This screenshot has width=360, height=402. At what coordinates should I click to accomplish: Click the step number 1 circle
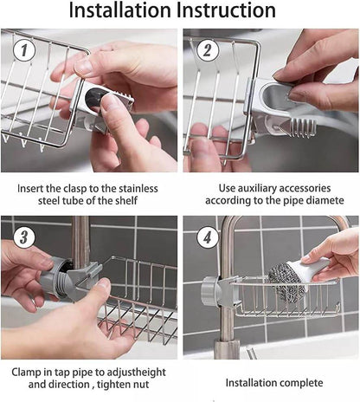click(24, 51)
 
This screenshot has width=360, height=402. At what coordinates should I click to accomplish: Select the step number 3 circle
click(24, 237)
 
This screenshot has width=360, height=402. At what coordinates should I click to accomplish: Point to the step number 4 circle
click(206, 237)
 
